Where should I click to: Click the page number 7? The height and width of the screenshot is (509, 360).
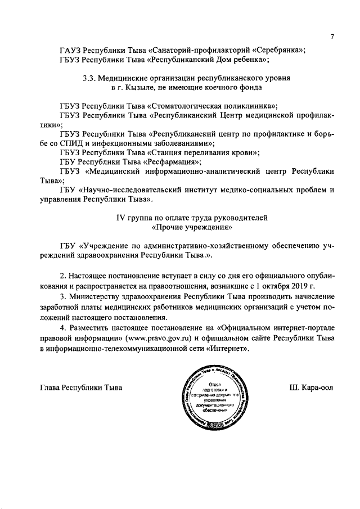pos(332,37)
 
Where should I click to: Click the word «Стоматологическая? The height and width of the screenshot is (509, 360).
pos(188,106)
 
